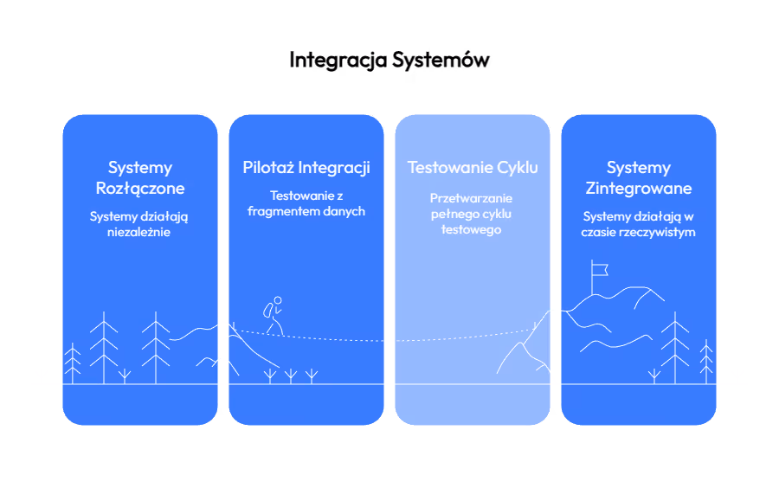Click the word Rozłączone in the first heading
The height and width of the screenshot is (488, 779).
pos(139,189)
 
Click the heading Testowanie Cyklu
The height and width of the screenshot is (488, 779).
pos(473,168)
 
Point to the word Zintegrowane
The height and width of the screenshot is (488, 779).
pos(639,189)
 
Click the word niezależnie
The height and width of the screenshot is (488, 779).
pos(139,232)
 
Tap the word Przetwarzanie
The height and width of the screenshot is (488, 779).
pos(472,198)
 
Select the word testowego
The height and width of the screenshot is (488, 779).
pos(472,230)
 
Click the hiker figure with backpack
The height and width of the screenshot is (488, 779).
pos(274,316)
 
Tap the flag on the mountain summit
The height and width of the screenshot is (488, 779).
pos(599,269)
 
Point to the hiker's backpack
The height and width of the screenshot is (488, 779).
pos(268,308)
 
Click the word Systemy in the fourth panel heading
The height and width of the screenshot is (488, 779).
pos(639,168)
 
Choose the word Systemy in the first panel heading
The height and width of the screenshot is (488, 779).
pos(139,168)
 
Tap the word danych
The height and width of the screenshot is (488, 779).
pos(344,211)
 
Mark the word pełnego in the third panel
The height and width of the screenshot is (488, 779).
pos(450,215)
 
